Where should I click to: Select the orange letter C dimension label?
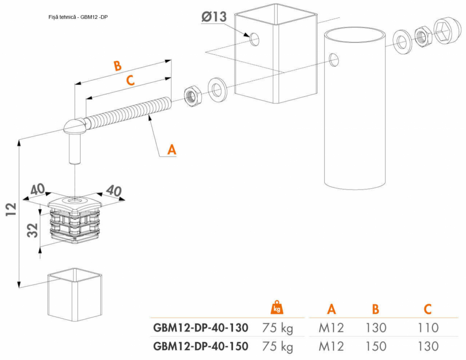click(x=130, y=80)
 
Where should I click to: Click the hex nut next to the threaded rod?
click(x=192, y=95)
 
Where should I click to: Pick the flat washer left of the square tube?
click(x=218, y=88)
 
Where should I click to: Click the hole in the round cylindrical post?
click(x=334, y=60)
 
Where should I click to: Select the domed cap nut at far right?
click(x=445, y=32)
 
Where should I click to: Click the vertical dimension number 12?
click(x=11, y=209)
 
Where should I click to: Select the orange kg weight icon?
click(x=277, y=307)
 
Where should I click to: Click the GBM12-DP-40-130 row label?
click(x=201, y=328)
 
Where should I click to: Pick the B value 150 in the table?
click(x=376, y=346)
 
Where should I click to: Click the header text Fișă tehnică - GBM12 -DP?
click(x=78, y=17)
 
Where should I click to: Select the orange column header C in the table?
click(x=428, y=308)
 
